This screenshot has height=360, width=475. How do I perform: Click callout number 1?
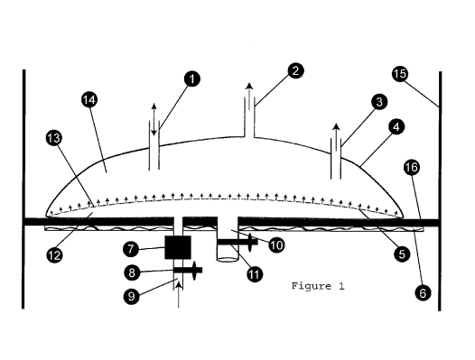point(191,79)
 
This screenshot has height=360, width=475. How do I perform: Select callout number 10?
point(276,243)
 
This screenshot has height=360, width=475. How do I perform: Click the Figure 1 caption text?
point(318,287)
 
